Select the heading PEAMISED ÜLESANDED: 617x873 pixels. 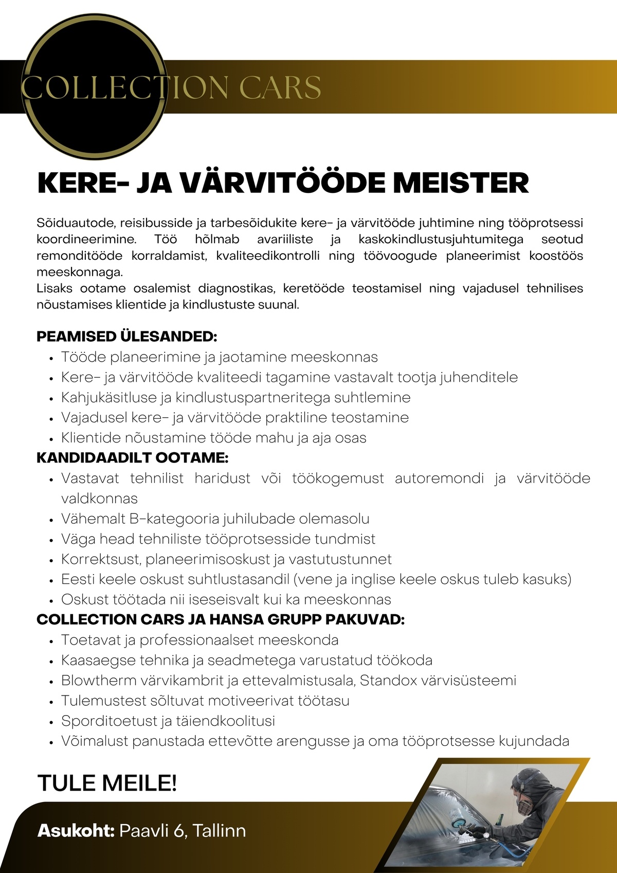tap(126, 337)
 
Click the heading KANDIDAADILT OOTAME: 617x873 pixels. tap(132, 458)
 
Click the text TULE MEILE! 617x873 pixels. tap(107, 783)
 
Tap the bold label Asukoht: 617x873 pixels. tap(76, 830)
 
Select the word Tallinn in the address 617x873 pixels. tap(219, 830)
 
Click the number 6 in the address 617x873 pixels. tap(179, 830)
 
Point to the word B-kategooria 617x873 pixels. tap(174, 519)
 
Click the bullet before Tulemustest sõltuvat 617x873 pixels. tap(51, 702)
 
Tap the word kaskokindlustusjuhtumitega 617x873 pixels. tap(441, 239)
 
